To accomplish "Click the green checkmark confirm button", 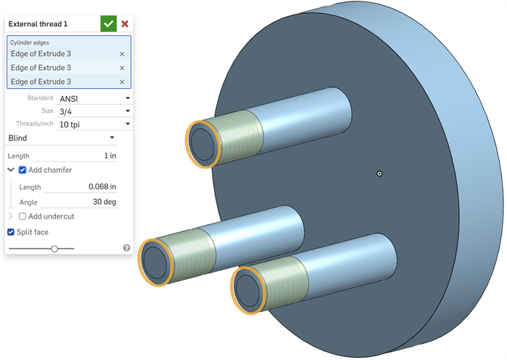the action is [x=109, y=23].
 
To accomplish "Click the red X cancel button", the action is [x=125, y=23].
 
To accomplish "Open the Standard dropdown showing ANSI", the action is [x=95, y=98].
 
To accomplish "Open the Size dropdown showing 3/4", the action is [x=95, y=111].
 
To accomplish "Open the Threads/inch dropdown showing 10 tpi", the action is [x=95, y=124].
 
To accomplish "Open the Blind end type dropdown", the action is [x=62, y=138].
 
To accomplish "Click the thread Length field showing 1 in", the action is [x=75, y=155].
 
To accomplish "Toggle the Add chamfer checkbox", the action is [x=23, y=170].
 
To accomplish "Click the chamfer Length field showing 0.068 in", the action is [x=81, y=187].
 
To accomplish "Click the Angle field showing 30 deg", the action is [x=79, y=202].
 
